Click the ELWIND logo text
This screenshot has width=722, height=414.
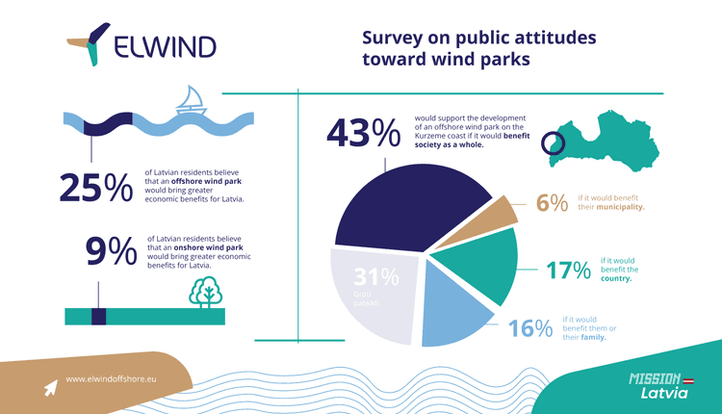click(165, 47)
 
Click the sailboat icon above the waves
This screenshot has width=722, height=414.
click(192, 100)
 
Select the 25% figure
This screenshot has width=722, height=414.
click(95, 188)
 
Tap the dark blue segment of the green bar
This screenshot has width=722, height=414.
click(97, 317)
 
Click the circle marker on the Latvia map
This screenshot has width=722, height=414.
click(553, 143)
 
